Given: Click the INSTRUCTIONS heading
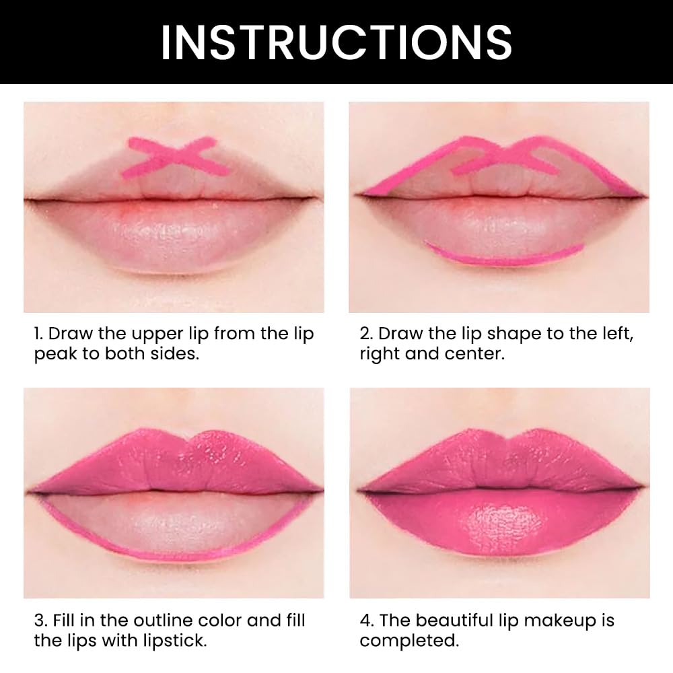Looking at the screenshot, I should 336,42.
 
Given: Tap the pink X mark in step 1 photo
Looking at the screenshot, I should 177,157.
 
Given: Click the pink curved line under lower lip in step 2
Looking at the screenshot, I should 505,255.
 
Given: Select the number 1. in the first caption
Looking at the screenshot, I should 40,334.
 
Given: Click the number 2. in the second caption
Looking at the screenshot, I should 367,334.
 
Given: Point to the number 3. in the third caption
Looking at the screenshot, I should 41,621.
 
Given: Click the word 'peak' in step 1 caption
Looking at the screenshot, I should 56,355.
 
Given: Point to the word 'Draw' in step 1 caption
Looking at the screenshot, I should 70,334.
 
